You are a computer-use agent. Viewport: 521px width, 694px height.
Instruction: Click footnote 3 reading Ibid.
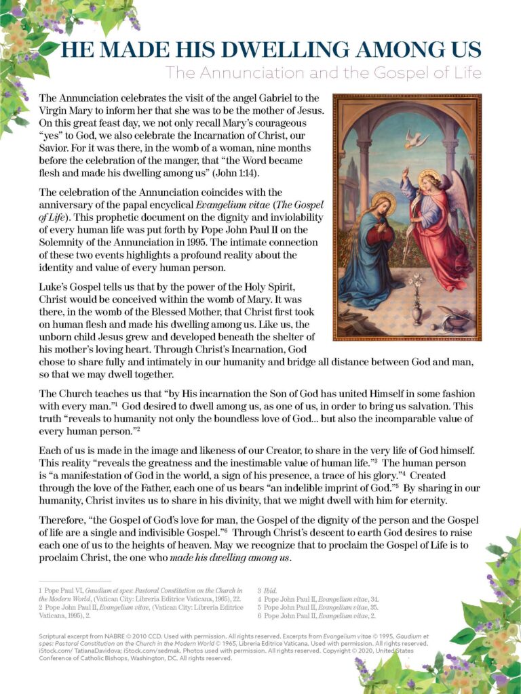pyautogui.click(x=270, y=591)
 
